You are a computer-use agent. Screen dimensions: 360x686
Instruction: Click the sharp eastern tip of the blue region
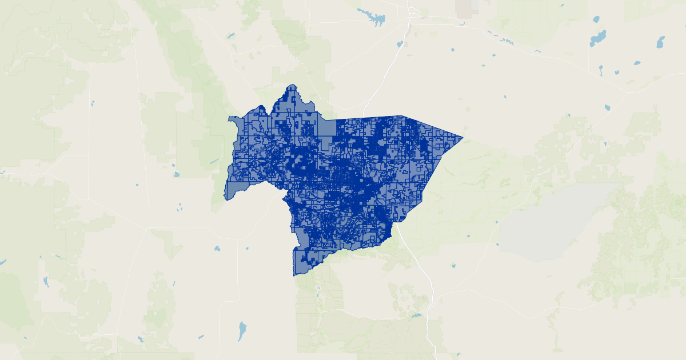pos(462,137)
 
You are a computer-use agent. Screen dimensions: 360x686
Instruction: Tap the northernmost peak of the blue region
pos(293,85)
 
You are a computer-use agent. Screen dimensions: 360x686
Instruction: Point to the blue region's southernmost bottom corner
pos(294,275)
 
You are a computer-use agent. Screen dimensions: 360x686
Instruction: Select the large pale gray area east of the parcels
pos(549,223)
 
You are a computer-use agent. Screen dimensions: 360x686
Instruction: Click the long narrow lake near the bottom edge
pos(242,330)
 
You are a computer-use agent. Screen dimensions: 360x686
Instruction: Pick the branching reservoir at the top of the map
pos(374,19)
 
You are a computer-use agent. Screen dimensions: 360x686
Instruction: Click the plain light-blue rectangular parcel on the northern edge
pos(326,127)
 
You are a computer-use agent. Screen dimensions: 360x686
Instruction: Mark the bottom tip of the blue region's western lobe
pos(226,199)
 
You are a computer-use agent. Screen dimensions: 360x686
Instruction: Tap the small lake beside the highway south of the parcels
pos(416,315)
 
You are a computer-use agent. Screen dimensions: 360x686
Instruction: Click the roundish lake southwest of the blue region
pos(217,249)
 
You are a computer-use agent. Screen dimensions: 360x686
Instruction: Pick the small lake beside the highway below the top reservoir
pos(400,43)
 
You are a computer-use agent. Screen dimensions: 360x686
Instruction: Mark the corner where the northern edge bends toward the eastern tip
pos(405,116)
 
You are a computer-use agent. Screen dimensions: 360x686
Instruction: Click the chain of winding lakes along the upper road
pos(503,39)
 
